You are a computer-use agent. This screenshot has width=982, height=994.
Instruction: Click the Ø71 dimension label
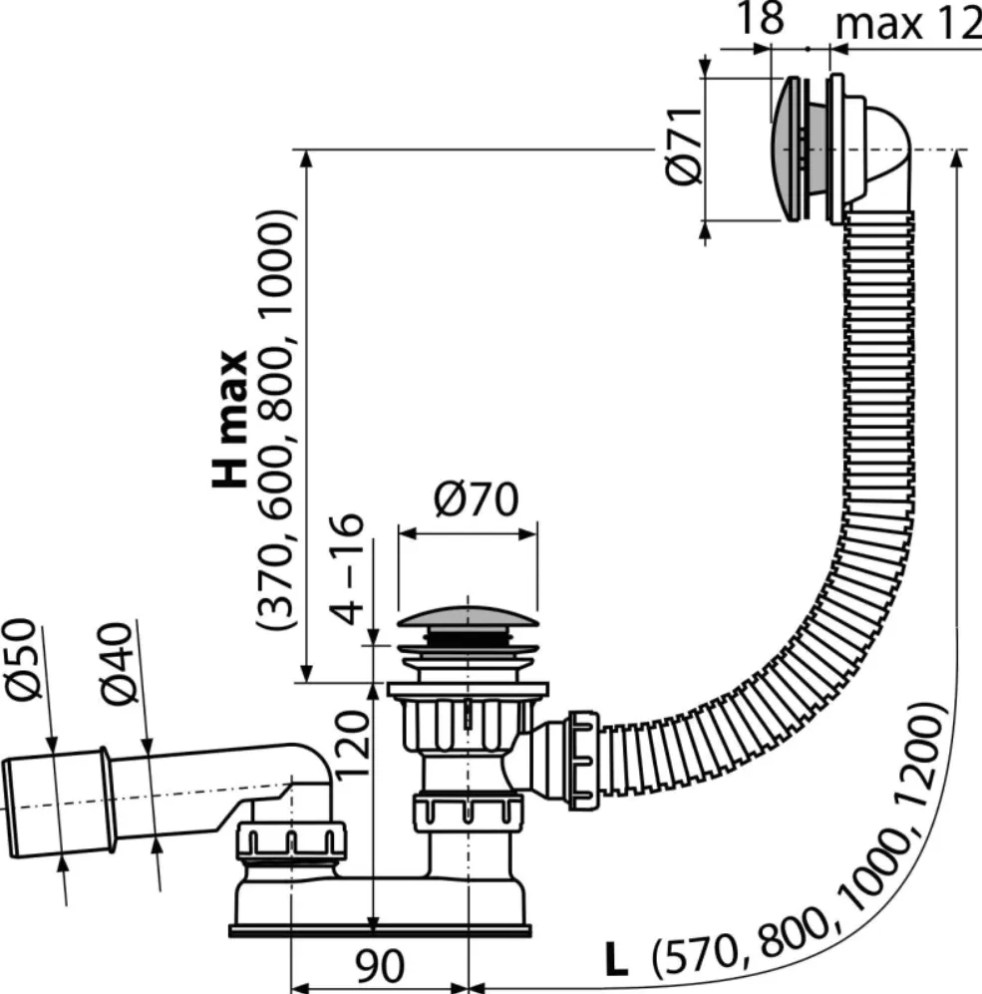[x=684, y=146]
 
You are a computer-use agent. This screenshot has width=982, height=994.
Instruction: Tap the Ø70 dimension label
[x=477, y=498]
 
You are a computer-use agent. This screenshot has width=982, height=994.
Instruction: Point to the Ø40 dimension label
[x=118, y=663]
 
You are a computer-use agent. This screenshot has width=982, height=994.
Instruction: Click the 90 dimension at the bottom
[x=379, y=965]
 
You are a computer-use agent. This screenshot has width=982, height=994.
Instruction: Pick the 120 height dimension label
[x=352, y=744]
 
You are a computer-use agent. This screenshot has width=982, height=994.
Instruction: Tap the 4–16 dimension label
[x=347, y=568]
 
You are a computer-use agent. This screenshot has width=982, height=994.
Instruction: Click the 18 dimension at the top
[x=760, y=18]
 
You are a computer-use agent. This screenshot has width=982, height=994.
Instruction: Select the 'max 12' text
[x=908, y=24]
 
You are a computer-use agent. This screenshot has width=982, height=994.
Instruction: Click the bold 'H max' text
[x=229, y=419]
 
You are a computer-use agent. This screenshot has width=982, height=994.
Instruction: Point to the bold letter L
[x=615, y=959]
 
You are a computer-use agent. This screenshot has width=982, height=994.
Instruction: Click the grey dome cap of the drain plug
[x=468, y=617]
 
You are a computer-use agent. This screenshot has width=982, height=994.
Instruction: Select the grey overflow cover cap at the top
[x=785, y=149]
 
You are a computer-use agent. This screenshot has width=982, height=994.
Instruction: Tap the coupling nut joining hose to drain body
[x=582, y=760]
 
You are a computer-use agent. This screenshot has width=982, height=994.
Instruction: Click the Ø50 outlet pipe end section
[x=57, y=805]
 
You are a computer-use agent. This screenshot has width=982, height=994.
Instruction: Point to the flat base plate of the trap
[x=380, y=930]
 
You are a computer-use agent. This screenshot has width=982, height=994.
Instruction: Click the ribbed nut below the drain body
[x=468, y=813]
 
